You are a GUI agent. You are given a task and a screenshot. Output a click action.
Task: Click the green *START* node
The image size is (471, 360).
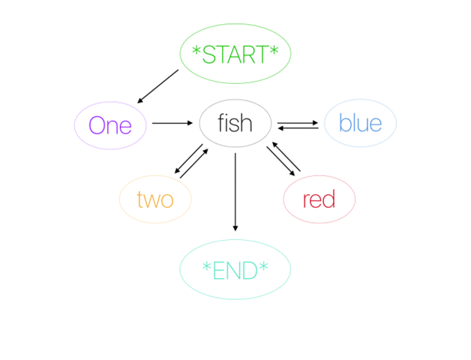(235, 53)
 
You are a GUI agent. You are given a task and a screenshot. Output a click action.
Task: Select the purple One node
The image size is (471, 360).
(110, 125)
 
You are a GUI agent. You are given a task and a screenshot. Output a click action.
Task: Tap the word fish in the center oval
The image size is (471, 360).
(235, 123)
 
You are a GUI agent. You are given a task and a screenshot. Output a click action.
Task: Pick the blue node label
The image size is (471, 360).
(361, 123)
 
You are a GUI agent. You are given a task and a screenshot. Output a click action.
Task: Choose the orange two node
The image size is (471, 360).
(155, 199)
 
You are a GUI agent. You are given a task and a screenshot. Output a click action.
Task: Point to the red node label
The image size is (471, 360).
(319, 199)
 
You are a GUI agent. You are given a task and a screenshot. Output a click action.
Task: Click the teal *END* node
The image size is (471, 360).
(235, 269)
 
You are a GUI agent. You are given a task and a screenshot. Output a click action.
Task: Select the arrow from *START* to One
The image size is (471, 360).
(157, 86)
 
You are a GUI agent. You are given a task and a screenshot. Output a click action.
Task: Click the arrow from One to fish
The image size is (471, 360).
(172, 123)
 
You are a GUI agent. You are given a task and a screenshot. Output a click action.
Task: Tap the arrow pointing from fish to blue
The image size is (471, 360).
(298, 122)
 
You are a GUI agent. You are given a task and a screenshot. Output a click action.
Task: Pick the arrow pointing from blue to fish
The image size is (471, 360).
(298, 128)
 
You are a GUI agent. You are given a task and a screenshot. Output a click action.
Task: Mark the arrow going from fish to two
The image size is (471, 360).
(189, 159)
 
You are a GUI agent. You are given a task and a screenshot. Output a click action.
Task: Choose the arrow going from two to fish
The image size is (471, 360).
(194, 163)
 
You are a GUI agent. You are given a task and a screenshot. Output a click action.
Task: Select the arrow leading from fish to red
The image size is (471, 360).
(280, 161)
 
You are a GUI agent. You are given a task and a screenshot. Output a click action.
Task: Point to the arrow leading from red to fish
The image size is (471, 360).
(286, 156)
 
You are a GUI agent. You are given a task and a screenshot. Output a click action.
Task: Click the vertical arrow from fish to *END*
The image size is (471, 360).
(235, 192)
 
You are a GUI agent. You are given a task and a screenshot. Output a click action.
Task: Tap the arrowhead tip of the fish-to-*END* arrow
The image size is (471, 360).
(235, 231)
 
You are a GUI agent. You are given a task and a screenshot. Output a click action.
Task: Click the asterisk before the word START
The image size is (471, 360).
(196, 50)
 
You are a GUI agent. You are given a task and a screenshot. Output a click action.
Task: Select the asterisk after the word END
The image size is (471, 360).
(263, 266)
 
